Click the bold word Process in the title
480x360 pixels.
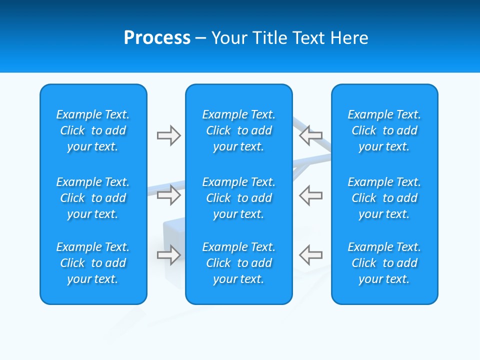[x=157, y=38]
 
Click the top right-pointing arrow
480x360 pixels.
[x=168, y=135]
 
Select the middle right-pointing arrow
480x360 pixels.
[x=168, y=195]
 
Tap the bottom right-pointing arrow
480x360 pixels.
[x=168, y=255]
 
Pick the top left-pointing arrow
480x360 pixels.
[x=311, y=135]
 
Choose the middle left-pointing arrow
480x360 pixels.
[x=311, y=195]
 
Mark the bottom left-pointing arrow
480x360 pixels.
[x=311, y=255]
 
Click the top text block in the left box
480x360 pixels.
[x=93, y=130]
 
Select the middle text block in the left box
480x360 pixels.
[x=93, y=198]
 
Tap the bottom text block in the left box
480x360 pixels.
[x=93, y=263]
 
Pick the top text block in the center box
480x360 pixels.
[x=239, y=130]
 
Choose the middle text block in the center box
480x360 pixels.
[x=239, y=198]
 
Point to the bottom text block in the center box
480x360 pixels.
[x=239, y=263]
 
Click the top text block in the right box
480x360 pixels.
[x=384, y=130]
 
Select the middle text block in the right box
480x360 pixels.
[x=384, y=198]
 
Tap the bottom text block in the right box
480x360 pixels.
[x=384, y=263]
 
